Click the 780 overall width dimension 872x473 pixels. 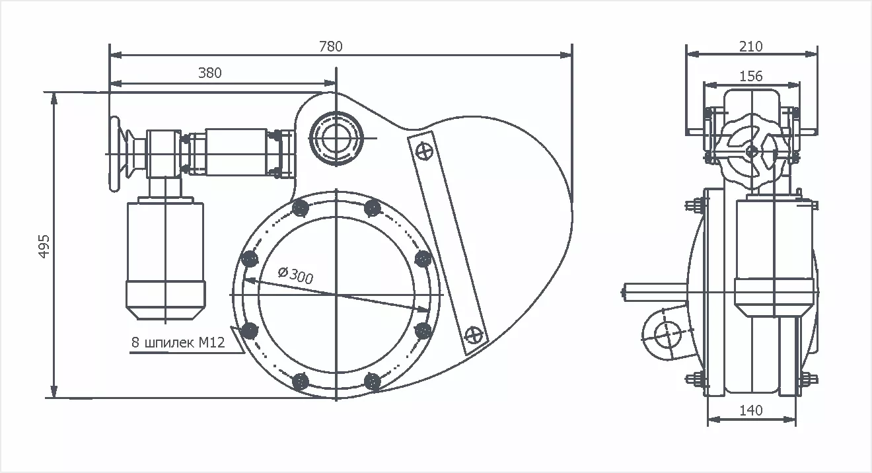[x=330, y=47]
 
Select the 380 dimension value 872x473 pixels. [x=210, y=73]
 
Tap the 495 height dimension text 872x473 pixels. [x=44, y=246]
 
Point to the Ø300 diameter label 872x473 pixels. [x=295, y=275]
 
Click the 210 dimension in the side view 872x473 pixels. [x=750, y=47]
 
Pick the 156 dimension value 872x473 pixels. [x=750, y=77]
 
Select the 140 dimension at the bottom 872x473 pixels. [x=750, y=410]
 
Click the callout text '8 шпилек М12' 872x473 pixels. [x=178, y=343]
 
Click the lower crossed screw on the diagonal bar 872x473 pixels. [x=474, y=334]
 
